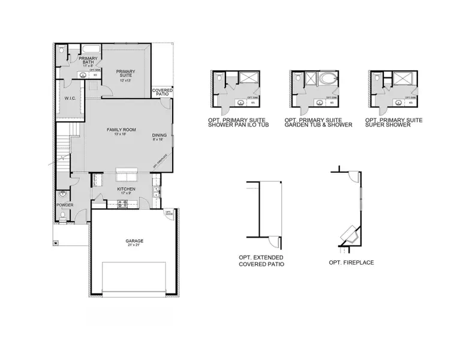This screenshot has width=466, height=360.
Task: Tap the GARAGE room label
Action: tap(134, 241)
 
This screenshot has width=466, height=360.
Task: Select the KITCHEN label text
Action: tap(126, 188)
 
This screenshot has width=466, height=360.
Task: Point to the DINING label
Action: tap(160, 135)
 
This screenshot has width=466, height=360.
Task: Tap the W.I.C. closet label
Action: tap(69, 98)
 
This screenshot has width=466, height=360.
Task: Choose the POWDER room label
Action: tap(65, 205)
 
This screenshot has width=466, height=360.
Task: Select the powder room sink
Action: tap(63, 194)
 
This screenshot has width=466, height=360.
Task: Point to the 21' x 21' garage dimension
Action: tap(134, 245)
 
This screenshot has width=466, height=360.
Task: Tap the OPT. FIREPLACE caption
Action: tap(351, 263)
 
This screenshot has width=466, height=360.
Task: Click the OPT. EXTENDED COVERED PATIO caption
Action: tap(261, 261)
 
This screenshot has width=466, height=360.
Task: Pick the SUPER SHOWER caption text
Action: tap(394, 125)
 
